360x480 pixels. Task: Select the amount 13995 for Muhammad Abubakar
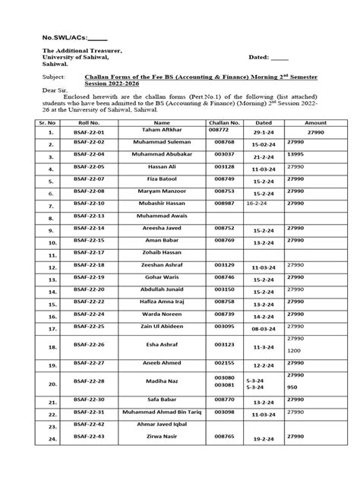299,153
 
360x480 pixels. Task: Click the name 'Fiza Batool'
161,181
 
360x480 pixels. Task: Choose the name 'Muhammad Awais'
161,216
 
